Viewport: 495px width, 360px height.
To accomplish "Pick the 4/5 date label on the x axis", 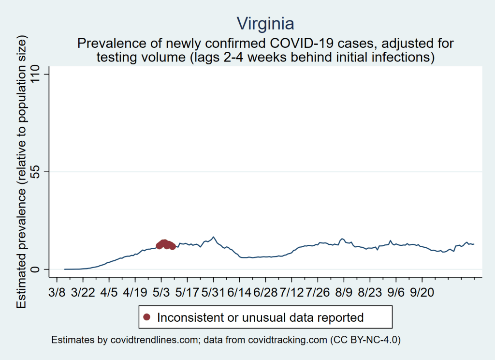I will pos(109,294).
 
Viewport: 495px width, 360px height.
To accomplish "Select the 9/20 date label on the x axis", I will pos(422,294).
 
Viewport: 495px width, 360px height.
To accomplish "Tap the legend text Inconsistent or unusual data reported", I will pos(260,317).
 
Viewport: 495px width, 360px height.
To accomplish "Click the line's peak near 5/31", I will pos(213,237).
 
